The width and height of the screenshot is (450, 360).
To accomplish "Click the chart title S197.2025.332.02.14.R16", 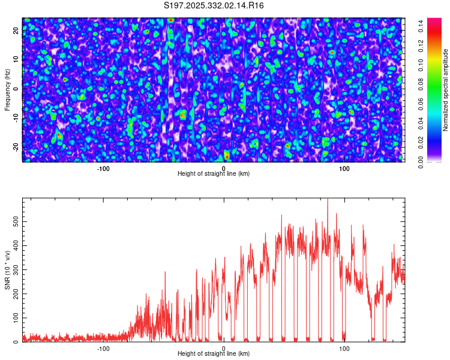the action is click(214, 5).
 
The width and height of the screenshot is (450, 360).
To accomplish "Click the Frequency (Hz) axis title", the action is click(7, 90).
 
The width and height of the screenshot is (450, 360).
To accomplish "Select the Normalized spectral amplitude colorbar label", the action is click(445, 90).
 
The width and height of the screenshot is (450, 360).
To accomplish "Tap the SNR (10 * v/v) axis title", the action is click(7, 270).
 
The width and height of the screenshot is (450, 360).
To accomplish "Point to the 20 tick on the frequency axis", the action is click(16, 31).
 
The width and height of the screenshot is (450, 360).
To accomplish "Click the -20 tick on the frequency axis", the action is click(16, 148).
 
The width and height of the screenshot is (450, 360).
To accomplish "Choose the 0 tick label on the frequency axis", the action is click(16, 89).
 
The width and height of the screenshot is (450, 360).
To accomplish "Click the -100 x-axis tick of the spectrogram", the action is click(103, 169).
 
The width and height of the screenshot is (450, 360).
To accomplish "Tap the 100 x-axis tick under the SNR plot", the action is click(344, 349).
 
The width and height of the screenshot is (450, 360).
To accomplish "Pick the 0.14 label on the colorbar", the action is click(421, 26).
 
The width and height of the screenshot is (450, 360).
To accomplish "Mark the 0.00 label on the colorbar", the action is click(421, 162).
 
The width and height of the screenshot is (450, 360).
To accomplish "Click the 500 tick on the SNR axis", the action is click(16, 221).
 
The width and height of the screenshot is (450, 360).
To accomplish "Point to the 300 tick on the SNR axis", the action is click(16, 270).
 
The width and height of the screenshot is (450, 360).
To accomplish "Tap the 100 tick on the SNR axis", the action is click(16, 318).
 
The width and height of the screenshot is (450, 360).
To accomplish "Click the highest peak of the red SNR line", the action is click(328, 199).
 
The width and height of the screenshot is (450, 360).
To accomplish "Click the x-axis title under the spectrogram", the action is click(214, 173).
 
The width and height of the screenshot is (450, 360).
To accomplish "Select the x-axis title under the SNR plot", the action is click(214, 353).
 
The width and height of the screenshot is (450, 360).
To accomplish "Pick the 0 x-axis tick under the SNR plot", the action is click(224, 349).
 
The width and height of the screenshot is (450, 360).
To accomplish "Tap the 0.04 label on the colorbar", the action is click(421, 124).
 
